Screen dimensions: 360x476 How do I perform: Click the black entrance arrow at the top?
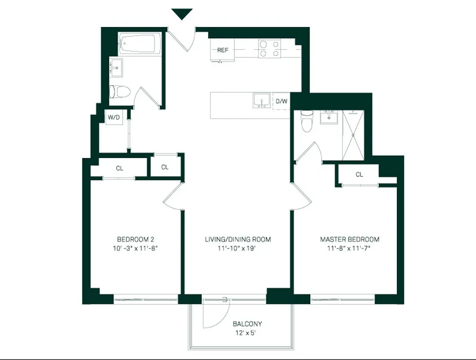point(182,13)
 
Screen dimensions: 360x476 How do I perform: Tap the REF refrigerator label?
point(223,50)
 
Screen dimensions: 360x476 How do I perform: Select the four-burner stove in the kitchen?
point(269,49)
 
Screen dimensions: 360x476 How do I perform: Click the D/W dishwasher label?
point(281,101)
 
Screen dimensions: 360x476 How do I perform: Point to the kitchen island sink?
point(261,101)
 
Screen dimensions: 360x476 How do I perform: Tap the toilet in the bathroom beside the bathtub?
point(120,92)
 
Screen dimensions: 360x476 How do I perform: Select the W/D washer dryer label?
point(113,118)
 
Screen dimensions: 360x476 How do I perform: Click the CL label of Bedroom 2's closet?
point(119,168)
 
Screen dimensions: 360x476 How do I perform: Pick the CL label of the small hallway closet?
point(165,167)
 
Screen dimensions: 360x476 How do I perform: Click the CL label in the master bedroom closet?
point(359,175)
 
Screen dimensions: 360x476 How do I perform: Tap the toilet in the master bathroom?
point(307,121)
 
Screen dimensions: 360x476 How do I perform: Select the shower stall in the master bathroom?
point(353,135)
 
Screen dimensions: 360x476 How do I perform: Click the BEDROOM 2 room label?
point(135,239)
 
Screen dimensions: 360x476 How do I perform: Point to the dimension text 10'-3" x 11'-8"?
point(135,248)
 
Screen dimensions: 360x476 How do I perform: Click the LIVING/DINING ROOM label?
point(238,239)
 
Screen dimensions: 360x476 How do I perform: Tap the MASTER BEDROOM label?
point(349,239)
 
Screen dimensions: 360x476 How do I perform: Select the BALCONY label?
point(247,324)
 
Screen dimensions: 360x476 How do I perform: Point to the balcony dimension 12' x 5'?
point(247,333)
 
